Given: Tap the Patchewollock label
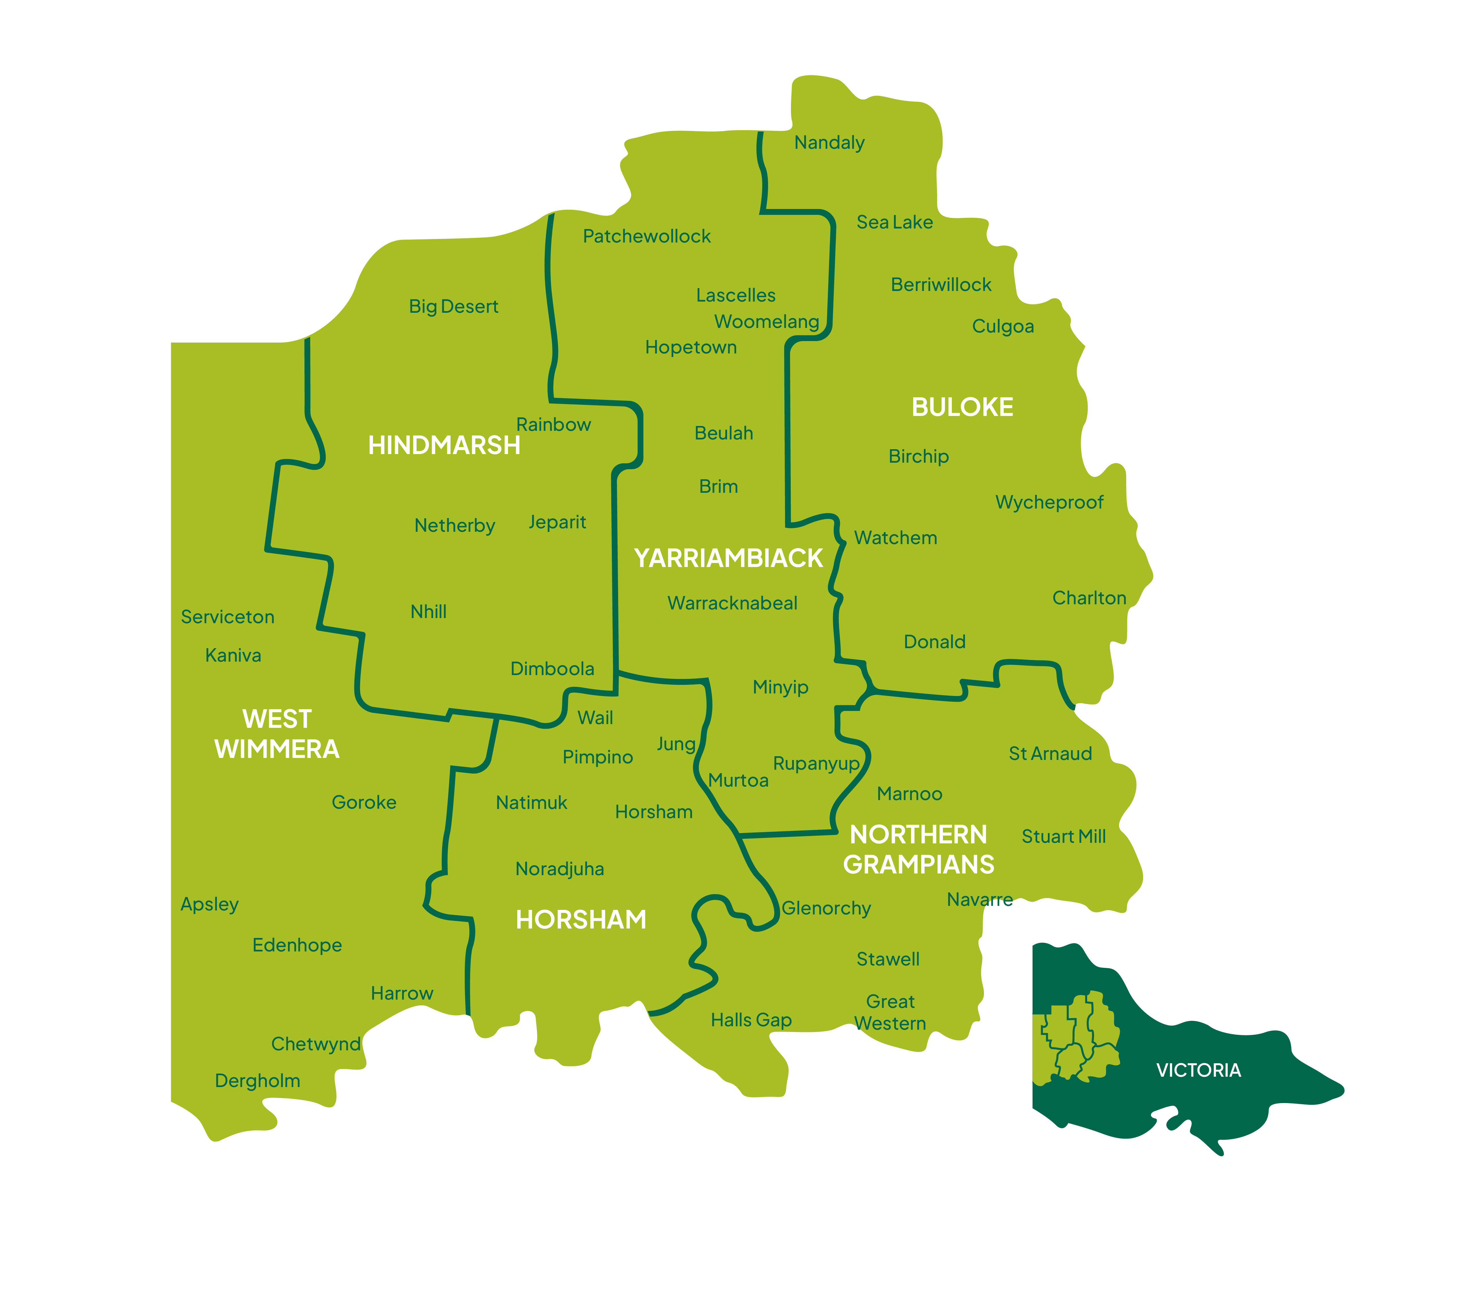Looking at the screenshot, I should (x=646, y=236).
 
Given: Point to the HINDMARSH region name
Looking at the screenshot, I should (x=444, y=445).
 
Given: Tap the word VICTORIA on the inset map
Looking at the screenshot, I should (x=1198, y=1070).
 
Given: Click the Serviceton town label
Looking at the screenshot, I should (x=228, y=617).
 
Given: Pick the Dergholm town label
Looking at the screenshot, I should (x=257, y=1081).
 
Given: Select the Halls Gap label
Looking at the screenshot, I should (x=751, y=1020).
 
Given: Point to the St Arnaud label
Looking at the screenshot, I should (x=1050, y=754).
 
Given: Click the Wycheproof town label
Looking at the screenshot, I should (x=1049, y=503).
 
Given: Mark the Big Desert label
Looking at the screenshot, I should (x=453, y=306).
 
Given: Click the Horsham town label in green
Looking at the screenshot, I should (x=653, y=812).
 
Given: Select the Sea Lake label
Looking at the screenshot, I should (x=895, y=223).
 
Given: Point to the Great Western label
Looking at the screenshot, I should (x=890, y=1012).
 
